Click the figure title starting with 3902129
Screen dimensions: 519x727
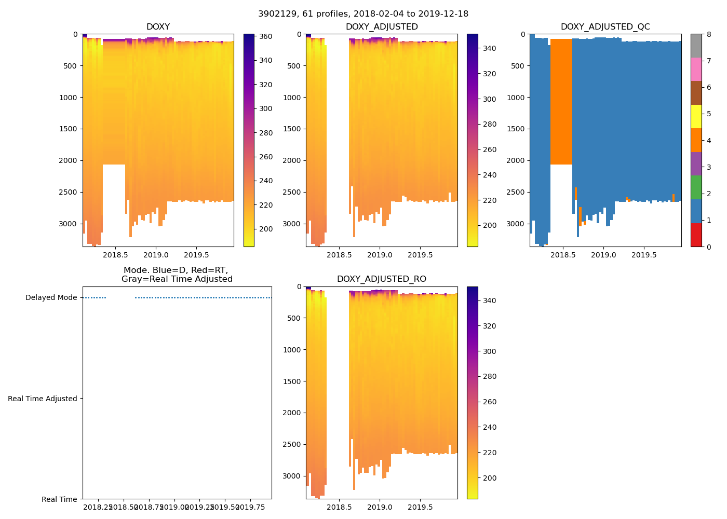pos(363,14)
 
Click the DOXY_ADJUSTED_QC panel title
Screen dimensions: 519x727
pos(605,26)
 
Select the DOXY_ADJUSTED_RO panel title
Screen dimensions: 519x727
pos(381,279)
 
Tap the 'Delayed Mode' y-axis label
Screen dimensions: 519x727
pos(51,297)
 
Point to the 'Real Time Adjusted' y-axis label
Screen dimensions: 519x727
pos(43,399)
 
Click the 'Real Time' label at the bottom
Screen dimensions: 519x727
pos(59,499)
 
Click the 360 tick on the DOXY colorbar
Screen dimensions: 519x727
pos(266,36)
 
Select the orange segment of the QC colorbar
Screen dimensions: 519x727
pos(696,140)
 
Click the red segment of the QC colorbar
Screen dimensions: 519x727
pos(696,235)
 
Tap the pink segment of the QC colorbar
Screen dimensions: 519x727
pos(696,69)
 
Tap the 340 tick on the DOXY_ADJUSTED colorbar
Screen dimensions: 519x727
pos(489,48)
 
